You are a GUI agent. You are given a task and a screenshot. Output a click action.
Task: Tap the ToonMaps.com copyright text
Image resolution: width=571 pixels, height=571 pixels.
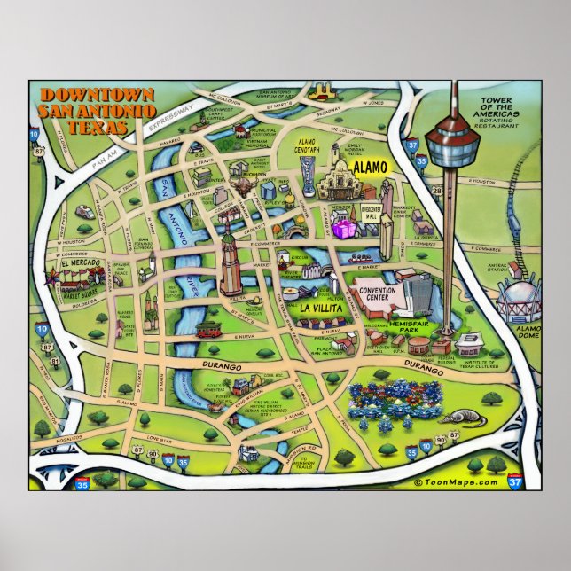point(456,481)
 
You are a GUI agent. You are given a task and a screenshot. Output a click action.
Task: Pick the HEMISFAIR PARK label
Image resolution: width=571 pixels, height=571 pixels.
point(410,325)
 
